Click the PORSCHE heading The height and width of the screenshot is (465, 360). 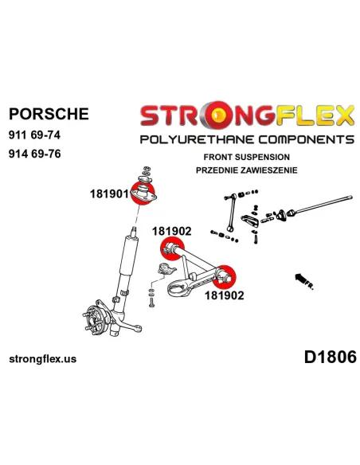[49, 114]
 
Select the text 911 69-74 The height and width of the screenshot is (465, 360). [35, 135]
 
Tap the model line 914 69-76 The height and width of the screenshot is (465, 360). [35, 154]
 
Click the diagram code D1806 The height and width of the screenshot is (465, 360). [330, 357]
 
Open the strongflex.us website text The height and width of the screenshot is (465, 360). [43, 359]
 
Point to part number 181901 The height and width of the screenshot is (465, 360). [109, 194]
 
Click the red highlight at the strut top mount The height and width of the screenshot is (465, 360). [143, 193]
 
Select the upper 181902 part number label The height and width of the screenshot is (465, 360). [172, 232]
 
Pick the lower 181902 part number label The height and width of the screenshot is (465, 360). [224, 295]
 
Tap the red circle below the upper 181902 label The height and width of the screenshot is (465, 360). [172, 248]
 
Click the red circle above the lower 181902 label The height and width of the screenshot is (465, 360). [224, 277]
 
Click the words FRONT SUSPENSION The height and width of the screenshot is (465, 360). [246, 157]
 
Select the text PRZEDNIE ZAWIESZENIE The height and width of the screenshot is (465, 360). [246, 170]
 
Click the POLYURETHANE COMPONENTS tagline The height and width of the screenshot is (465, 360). [247, 139]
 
